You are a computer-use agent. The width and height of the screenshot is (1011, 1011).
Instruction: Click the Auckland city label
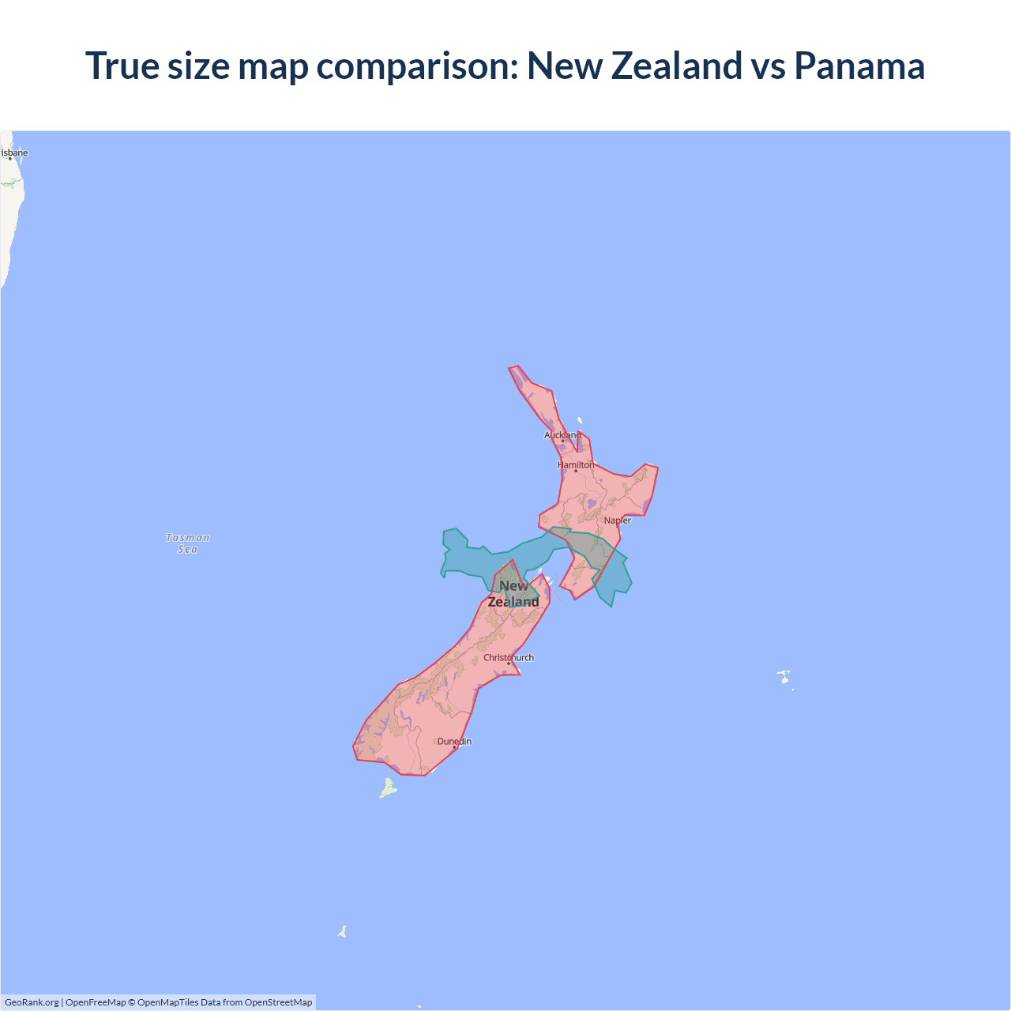coord(562,435)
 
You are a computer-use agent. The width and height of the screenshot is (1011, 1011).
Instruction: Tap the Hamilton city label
coord(576,464)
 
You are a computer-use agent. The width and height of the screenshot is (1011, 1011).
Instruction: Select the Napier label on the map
coord(618,521)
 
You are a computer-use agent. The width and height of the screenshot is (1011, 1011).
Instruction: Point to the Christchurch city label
coord(509,657)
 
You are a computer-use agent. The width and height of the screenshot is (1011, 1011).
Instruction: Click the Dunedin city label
coord(454,741)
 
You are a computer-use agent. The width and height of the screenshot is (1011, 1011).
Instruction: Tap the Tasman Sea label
coord(188,543)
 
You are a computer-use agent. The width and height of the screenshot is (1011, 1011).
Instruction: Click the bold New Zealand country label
coord(513,594)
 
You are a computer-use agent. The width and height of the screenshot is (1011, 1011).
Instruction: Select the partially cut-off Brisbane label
coord(14,152)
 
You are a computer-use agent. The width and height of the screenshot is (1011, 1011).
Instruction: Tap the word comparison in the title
coord(417,66)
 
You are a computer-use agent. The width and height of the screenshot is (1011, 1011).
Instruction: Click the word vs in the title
coord(769,66)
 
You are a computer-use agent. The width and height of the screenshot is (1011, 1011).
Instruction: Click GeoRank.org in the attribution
coord(32,1002)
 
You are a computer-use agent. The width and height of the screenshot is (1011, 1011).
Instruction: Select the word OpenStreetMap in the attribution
coord(278,1002)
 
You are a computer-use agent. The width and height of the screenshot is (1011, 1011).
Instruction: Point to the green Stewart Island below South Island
coord(388,787)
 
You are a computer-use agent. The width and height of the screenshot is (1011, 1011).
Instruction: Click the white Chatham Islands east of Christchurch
coord(784,677)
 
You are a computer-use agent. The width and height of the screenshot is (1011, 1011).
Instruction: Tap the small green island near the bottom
coord(343,932)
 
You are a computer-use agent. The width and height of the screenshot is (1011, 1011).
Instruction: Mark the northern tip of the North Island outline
coord(514,368)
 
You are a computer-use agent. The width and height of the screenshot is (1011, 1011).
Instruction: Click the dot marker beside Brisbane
coord(10,159)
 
